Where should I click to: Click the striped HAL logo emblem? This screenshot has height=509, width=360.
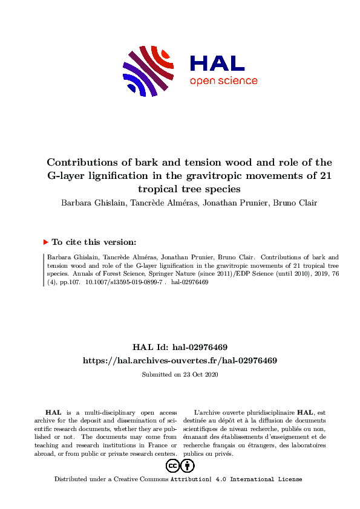[148, 71]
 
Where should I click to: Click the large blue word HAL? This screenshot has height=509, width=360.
[217, 63]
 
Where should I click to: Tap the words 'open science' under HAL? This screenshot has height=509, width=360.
[223, 81]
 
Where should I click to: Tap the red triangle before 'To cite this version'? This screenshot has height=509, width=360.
[46, 242]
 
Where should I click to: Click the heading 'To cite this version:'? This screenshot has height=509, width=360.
[93, 242]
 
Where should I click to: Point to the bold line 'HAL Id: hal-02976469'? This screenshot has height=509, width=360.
[180, 347]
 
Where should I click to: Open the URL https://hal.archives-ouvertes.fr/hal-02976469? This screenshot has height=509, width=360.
[180, 360]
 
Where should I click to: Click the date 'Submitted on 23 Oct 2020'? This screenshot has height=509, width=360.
[180, 374]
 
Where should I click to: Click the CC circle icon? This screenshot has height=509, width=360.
[172, 465]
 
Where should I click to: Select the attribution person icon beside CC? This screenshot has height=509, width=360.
[188, 465]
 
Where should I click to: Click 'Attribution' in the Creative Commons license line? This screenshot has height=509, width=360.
[190, 479]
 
